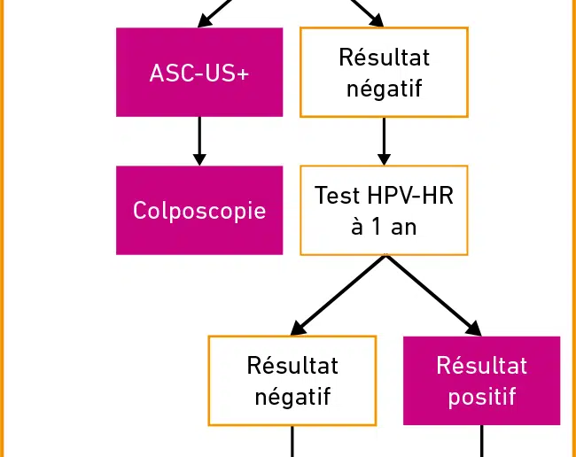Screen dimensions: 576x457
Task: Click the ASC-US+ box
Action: [199, 73]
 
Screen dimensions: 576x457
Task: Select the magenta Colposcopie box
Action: [199, 210]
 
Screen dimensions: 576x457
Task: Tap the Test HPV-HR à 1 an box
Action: [384, 210]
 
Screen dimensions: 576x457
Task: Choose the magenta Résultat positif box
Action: [481, 381]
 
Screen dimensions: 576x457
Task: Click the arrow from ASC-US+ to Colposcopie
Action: [199, 142]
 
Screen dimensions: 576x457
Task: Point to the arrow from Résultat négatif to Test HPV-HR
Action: [384, 142]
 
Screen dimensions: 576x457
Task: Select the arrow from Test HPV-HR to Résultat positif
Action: [433, 296]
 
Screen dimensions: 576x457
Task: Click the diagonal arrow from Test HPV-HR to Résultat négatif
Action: [338, 296]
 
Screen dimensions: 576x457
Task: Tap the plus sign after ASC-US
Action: [243, 74]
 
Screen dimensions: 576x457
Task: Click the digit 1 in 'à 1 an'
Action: [376, 227]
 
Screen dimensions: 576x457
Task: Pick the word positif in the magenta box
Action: [482, 397]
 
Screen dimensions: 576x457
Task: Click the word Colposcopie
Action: [199, 211]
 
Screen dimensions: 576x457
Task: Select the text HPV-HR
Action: [410, 195]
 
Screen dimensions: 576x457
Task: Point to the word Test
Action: [338, 195]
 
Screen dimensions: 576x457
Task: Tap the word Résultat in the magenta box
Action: [482, 366]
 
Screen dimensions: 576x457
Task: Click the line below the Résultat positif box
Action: [481, 441]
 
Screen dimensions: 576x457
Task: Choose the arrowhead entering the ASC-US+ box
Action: [204, 21]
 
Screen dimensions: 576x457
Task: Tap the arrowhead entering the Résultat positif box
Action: [475, 329]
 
